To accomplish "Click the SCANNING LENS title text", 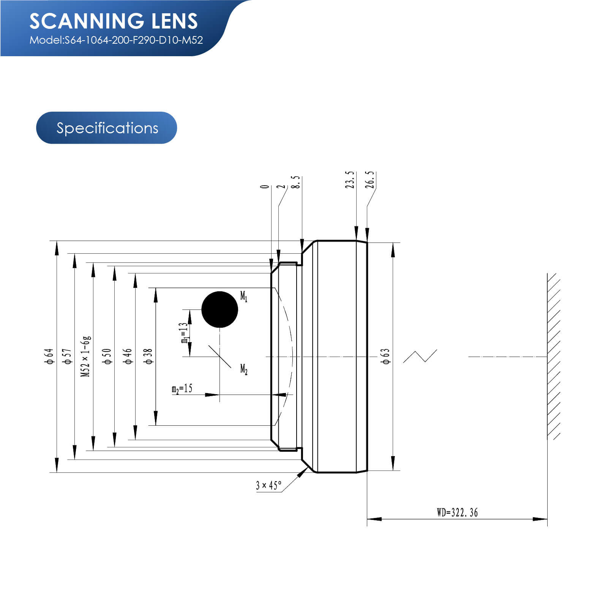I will coord(114,21).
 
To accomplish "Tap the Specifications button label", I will coord(107,128).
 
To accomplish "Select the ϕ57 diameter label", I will coord(68,356).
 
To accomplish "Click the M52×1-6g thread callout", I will coord(86,356).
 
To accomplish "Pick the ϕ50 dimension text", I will coord(107,356).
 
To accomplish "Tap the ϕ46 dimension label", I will coord(128,356).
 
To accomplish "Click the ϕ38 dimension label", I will coord(148,356).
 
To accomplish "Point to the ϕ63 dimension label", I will coord(385,356).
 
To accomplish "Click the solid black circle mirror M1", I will coord(220,310).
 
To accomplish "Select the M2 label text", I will coord(244,369).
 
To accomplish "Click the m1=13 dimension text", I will coord(184,333).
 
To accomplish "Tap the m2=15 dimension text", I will coord(182,389).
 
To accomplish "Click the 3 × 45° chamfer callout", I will coord(268,485).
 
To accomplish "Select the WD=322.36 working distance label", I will coord(457,513).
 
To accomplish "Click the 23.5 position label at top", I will coord(350,179).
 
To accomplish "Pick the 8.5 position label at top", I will coord(296,182).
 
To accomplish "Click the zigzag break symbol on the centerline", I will coord(420,356).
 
